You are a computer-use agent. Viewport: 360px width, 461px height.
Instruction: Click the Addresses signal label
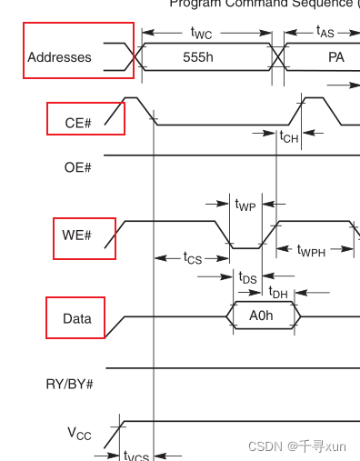point(60,57)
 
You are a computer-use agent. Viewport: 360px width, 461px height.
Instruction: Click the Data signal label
point(76,319)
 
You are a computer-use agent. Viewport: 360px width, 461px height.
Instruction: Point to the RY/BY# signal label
point(70,384)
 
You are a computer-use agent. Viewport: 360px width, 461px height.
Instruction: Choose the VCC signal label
point(79,434)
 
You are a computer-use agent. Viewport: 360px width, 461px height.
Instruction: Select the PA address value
point(336,56)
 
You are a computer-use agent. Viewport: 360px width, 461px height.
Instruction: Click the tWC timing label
point(203,33)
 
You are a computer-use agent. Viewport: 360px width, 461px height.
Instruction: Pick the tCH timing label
point(288,136)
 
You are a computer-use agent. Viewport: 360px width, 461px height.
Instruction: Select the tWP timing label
point(245,205)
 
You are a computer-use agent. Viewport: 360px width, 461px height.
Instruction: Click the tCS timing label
point(192,258)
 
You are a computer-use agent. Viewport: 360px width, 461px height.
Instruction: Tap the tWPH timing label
point(312,250)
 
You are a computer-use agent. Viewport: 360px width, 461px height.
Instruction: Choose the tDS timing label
point(247,277)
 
